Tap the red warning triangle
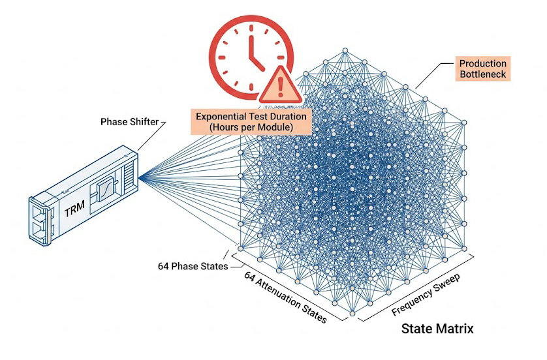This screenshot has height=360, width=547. point(281,85)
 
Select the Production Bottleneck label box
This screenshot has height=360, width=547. point(483,69)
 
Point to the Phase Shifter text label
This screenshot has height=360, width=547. point(130,122)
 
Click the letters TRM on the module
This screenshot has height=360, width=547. point(72,210)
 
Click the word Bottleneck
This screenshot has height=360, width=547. point(483,75)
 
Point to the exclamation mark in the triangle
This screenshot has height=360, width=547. point(281,86)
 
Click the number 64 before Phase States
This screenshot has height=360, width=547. point(164,266)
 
